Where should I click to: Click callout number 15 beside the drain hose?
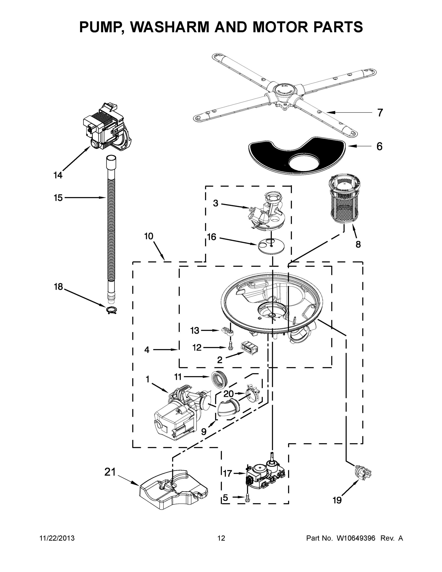[x=58, y=198]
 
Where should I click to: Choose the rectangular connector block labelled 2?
[x=249, y=348]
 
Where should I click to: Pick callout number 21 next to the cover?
[x=110, y=472]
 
